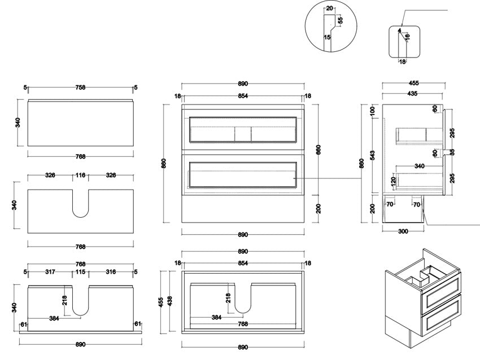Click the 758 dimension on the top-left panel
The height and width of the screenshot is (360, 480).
click(x=80, y=87)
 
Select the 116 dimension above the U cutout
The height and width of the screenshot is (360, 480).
click(x=80, y=175)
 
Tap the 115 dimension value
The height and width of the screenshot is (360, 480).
click(x=80, y=272)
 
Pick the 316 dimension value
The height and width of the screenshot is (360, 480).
click(x=111, y=272)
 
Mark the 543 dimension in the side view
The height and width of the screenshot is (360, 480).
click(x=372, y=155)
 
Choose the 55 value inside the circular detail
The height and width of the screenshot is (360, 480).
click(x=340, y=20)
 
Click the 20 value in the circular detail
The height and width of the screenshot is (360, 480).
click(x=330, y=8)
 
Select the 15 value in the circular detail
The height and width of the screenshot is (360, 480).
click(x=327, y=38)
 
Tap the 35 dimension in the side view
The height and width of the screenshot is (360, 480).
click(x=452, y=152)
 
